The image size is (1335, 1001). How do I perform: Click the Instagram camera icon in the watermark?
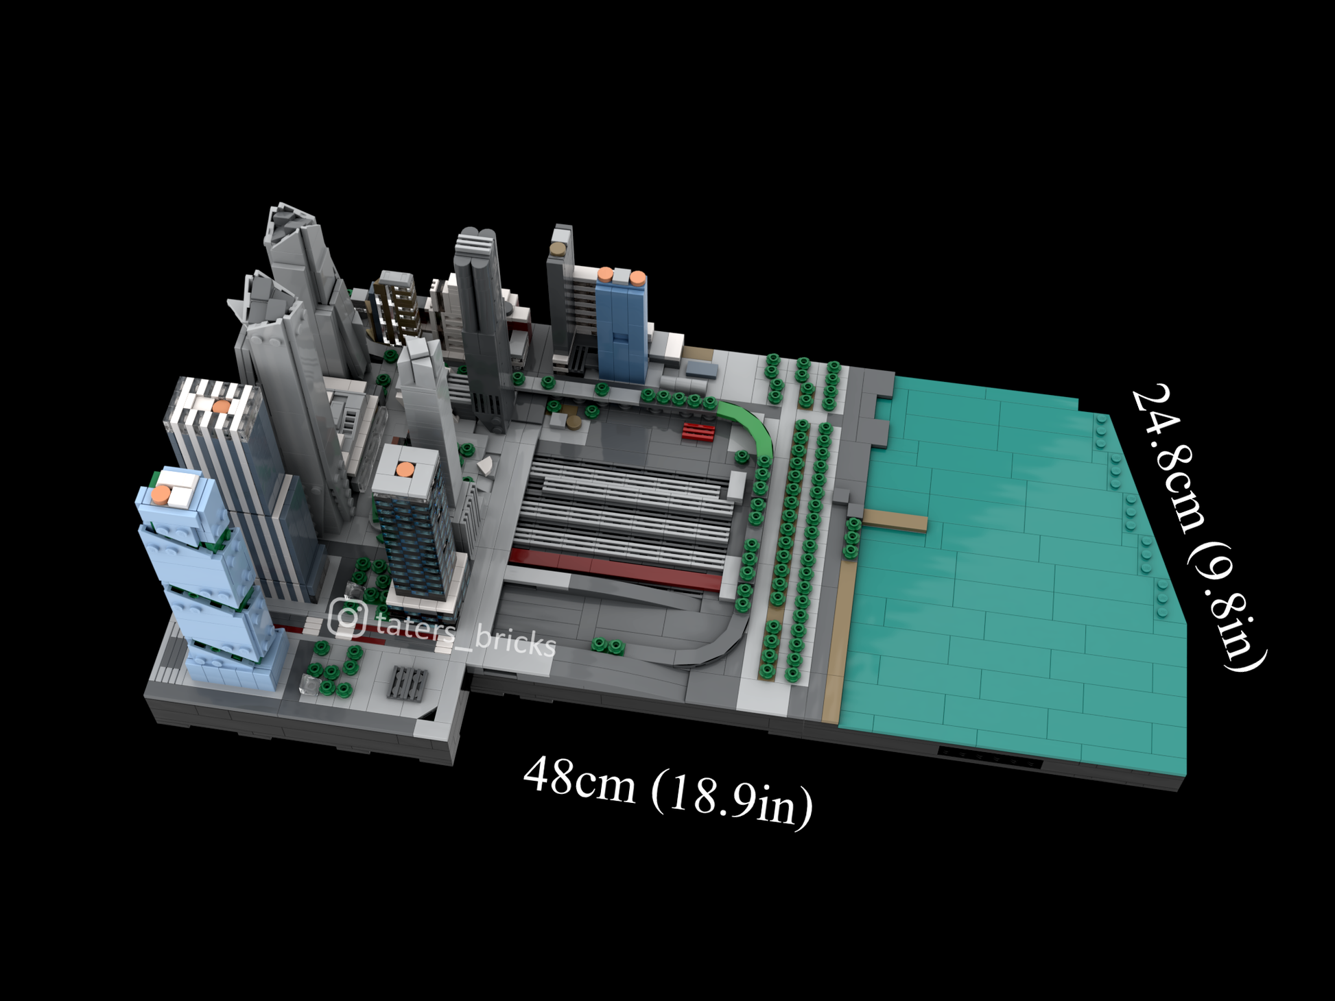[x=347, y=617]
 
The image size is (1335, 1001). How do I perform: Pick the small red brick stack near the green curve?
[x=698, y=431]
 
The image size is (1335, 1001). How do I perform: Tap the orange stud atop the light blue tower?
[x=161, y=494]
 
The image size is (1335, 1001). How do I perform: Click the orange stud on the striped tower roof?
[x=221, y=407]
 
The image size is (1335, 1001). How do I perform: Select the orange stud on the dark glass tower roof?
[x=405, y=470]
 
